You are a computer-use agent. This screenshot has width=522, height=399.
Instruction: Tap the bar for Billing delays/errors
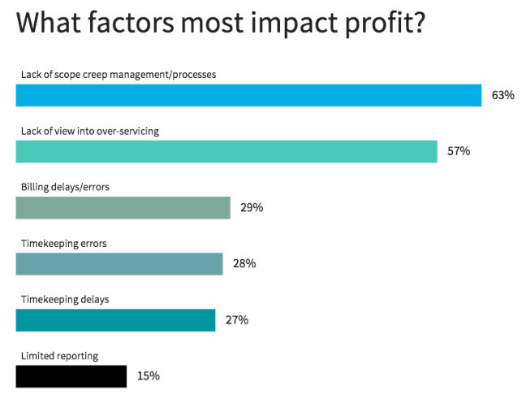(x=123, y=208)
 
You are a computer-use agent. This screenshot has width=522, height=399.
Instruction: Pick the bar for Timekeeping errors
(x=119, y=264)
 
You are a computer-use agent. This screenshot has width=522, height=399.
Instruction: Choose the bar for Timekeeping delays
(x=115, y=320)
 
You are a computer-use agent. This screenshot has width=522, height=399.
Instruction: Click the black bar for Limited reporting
(x=71, y=376)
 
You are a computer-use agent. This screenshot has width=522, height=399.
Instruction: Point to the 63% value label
(x=503, y=95)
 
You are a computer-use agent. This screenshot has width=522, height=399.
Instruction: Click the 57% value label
(x=459, y=151)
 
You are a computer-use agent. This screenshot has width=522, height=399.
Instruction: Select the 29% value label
(x=252, y=208)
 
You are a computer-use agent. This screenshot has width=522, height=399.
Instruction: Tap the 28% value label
(x=244, y=264)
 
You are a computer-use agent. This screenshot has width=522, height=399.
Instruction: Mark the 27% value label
(x=236, y=320)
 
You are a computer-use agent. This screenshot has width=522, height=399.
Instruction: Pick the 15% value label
(x=148, y=376)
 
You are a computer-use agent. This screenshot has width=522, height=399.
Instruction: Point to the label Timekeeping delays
(x=65, y=299)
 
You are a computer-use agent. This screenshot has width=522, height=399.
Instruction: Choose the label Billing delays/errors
(x=65, y=187)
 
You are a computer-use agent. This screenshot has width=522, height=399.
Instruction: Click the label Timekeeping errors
(x=64, y=243)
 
